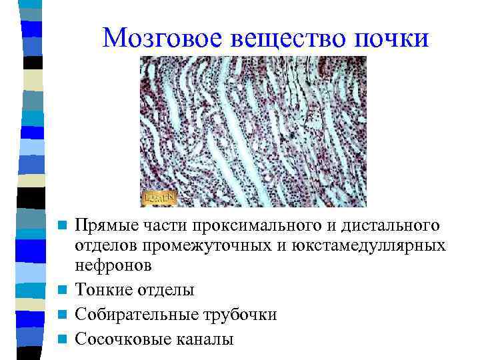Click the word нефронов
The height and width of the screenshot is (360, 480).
click(113, 266)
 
